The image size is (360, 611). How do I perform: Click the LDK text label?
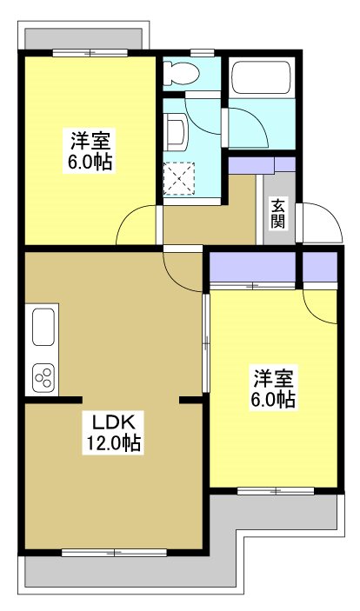pos(113,423)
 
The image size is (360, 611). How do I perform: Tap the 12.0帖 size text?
pos(113,444)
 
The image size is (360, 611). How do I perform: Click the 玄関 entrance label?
pos(278,213)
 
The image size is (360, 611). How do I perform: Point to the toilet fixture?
pos(185,73)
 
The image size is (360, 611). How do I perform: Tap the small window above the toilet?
pos(201,53)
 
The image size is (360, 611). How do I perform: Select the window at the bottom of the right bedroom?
pos(274,491)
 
